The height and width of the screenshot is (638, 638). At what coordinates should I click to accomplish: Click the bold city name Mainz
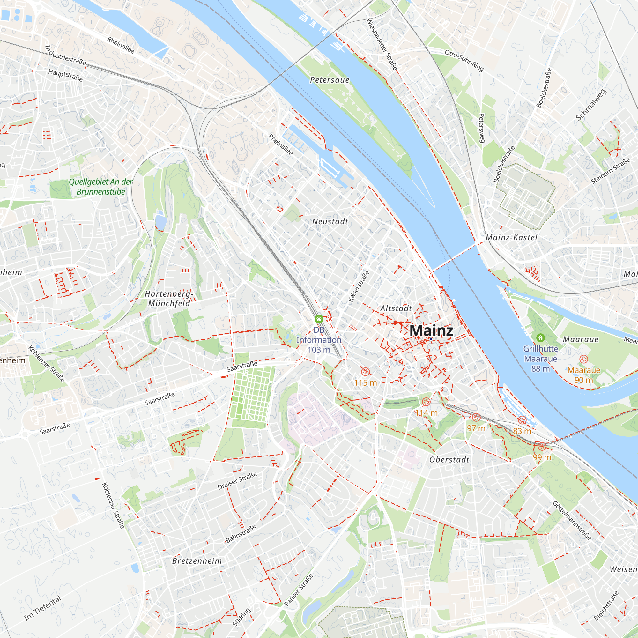pyautogui.click(x=431, y=331)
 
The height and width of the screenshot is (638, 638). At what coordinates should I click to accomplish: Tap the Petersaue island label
pyautogui.click(x=330, y=80)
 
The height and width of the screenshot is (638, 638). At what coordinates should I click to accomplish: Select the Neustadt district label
pyautogui.click(x=330, y=222)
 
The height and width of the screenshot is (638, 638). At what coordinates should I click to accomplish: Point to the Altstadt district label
pyautogui.click(x=396, y=308)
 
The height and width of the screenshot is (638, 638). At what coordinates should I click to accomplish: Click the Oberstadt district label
pyautogui.click(x=449, y=460)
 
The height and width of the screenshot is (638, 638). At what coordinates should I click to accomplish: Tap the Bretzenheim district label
pyautogui.click(x=197, y=561)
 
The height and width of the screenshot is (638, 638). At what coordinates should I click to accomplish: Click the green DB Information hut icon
pyautogui.click(x=319, y=319)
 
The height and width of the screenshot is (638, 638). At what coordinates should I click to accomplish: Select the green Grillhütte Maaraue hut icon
pyautogui.click(x=541, y=338)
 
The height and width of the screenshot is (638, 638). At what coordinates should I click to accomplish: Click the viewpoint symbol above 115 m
pyautogui.click(x=365, y=372)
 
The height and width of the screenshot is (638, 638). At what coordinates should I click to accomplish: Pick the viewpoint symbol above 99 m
pyautogui.click(x=542, y=447)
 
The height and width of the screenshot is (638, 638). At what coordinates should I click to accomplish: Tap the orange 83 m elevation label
pyautogui.click(x=522, y=431)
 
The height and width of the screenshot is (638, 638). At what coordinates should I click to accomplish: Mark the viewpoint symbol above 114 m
pyautogui.click(x=426, y=402)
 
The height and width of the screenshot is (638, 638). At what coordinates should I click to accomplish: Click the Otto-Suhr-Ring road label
pyautogui.click(x=464, y=60)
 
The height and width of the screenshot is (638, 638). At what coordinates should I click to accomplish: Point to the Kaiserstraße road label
pyautogui.click(x=359, y=286)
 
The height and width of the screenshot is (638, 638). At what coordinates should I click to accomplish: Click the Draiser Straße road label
pyautogui.click(x=237, y=481)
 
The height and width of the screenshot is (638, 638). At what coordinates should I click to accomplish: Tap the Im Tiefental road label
pyautogui.click(x=43, y=608)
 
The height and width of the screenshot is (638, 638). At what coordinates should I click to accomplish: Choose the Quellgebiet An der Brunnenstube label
pyautogui.click(x=101, y=187)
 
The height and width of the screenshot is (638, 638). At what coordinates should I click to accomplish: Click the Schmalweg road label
pyautogui.click(x=591, y=105)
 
